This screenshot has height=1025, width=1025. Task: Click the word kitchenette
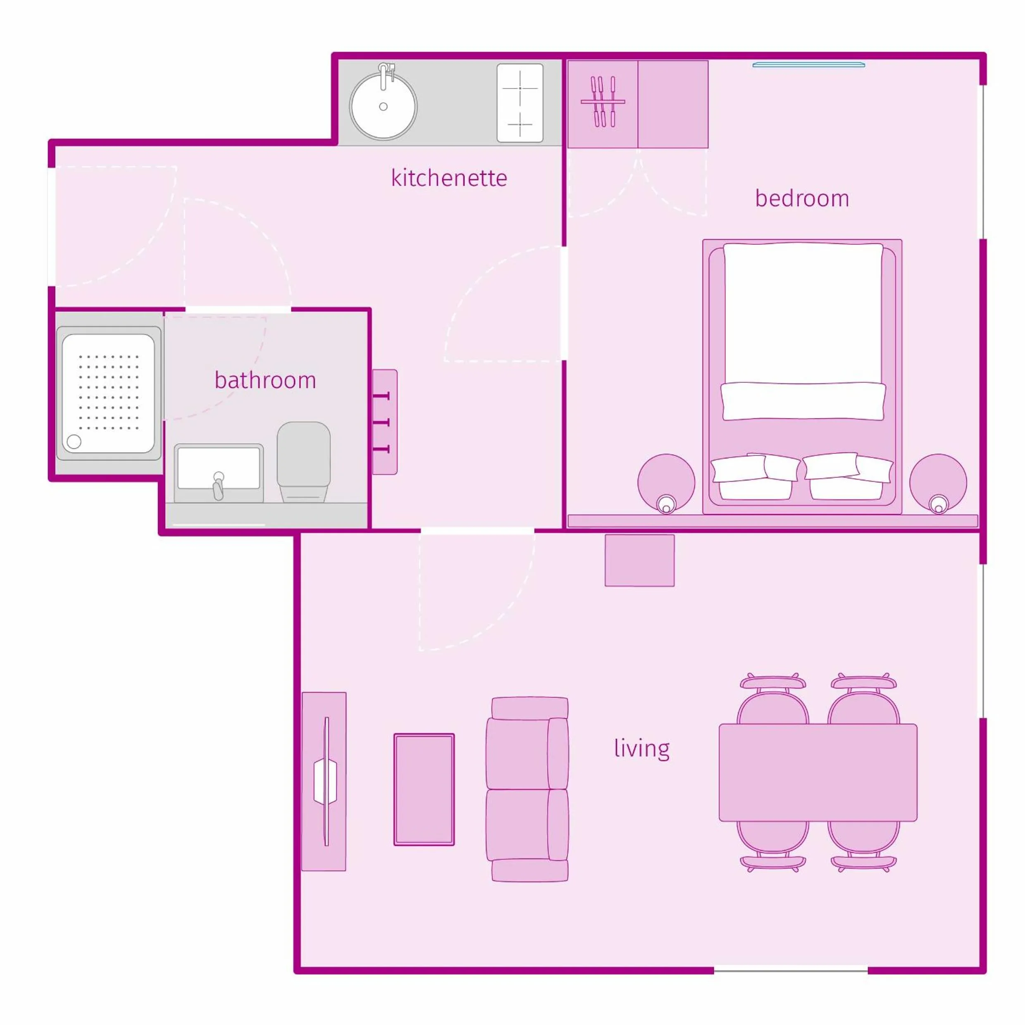pos(449,178)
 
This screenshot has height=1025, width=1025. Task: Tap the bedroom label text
pos(802,198)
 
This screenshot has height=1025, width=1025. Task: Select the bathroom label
pos(265,380)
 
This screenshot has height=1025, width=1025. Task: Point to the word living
pos(641,748)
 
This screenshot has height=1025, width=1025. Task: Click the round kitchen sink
pos(383,107)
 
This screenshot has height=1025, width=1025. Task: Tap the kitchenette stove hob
pos(520,103)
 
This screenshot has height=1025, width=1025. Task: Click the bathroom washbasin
pos(219,470)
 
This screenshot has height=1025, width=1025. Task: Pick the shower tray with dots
pos(108,393)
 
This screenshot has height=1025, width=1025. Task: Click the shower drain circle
pos(74,441)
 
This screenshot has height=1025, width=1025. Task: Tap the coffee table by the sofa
pos(424,789)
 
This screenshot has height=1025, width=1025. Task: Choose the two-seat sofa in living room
pos(527,789)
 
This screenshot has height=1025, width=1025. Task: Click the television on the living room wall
pos(325,782)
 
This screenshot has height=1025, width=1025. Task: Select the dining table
pos(818,772)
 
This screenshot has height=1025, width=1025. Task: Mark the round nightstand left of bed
pos(666,482)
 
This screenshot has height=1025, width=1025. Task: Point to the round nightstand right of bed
pos(938,482)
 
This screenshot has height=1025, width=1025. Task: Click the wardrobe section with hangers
pos(603,104)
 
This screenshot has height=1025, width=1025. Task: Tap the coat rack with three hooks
pos(385,422)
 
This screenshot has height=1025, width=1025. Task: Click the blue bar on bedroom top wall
pos(808,65)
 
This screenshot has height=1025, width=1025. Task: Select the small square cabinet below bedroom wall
pos(639,560)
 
